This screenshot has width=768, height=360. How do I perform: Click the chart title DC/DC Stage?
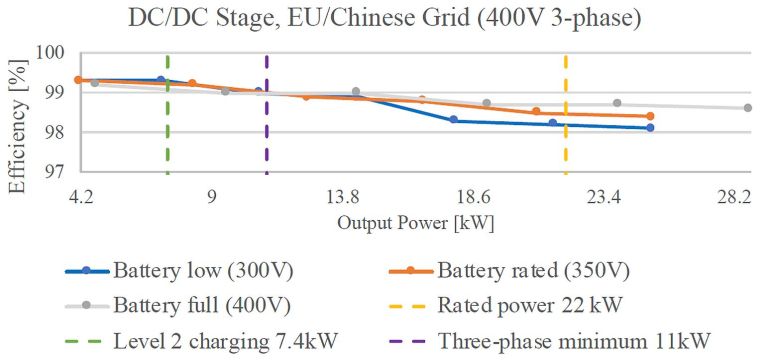(x=383, y=17)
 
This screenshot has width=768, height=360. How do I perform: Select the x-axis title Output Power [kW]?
(x=415, y=221)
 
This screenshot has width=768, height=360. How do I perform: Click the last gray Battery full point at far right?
(x=748, y=108)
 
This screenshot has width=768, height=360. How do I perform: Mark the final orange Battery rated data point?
(x=650, y=116)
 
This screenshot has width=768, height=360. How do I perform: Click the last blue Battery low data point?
(x=650, y=128)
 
